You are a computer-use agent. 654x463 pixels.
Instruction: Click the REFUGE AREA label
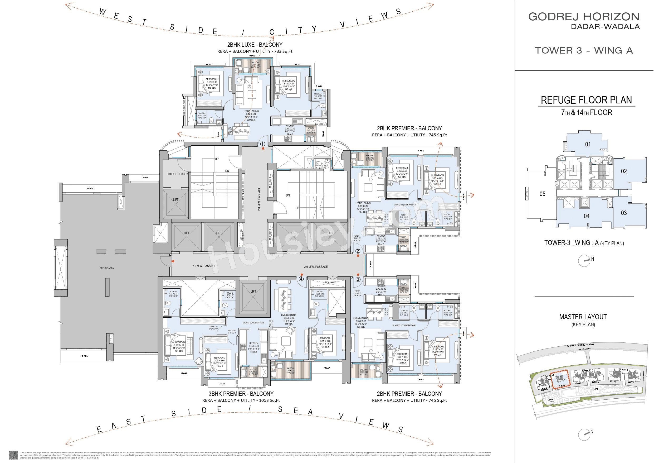point(106,268)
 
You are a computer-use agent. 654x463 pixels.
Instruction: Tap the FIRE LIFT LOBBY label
point(177,174)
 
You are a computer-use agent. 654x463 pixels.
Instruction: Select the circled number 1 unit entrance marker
point(263,144)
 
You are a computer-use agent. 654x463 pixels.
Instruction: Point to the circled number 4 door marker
point(301,279)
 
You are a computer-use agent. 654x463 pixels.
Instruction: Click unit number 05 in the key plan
point(542,194)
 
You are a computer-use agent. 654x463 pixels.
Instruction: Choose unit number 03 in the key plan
point(624,213)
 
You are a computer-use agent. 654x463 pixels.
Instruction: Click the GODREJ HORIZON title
point(584,17)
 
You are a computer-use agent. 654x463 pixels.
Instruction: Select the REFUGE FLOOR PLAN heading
point(586,100)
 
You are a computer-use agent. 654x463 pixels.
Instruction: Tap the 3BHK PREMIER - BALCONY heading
point(241,394)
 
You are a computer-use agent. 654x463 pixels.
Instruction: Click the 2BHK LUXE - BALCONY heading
point(255,45)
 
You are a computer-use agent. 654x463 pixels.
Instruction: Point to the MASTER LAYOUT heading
point(583,317)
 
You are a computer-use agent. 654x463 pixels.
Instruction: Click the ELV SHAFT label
point(330,283)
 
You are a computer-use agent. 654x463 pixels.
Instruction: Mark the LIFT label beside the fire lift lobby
point(175,200)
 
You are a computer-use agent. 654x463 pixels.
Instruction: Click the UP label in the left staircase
point(217,159)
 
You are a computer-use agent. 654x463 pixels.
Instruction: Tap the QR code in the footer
point(13,455)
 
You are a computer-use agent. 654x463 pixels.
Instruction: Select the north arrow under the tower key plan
point(584,261)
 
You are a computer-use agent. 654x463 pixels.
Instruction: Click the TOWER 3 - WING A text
point(584,50)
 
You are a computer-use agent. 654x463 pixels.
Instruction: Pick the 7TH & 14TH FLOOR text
point(587,112)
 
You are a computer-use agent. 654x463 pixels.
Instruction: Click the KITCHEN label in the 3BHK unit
point(253,343)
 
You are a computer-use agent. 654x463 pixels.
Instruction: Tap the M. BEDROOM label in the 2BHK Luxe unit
point(289,81)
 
